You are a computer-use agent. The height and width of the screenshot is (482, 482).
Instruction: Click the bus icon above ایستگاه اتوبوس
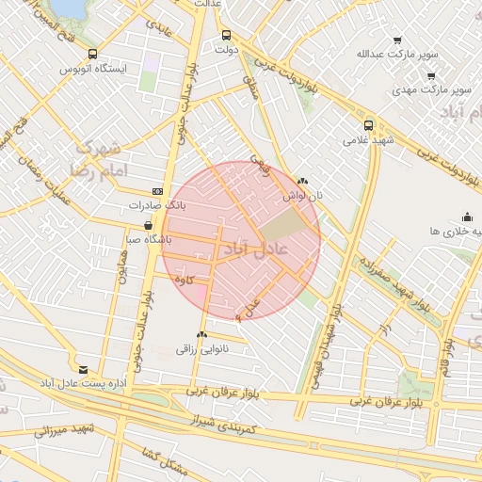click(91, 55)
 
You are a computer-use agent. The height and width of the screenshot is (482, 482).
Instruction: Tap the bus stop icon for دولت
click(225, 36)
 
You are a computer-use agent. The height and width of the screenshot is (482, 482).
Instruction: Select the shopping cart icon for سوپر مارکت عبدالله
click(397, 40)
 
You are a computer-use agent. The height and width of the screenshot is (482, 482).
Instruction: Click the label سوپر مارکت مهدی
click(434, 88)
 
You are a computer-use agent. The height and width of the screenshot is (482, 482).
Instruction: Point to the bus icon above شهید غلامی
click(368, 124)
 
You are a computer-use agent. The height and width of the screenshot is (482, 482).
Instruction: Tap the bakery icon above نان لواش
click(302, 181)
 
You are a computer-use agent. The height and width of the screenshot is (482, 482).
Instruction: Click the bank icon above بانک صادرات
click(156, 190)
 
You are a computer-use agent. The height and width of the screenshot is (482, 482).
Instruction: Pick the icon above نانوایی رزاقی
click(202, 334)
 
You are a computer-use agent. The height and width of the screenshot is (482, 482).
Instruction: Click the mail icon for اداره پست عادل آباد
click(84, 370)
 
